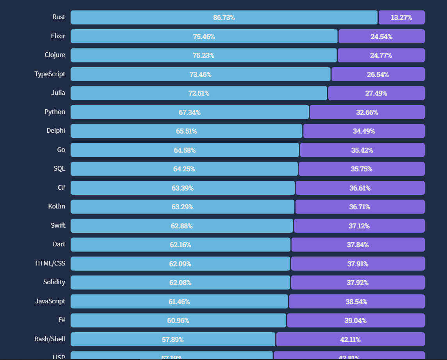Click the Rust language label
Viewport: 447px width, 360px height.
click(59, 17)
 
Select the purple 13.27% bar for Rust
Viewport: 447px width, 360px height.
click(401, 18)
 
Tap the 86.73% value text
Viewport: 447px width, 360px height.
click(224, 18)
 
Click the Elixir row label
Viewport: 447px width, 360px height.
click(58, 36)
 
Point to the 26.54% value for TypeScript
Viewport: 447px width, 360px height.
click(378, 74)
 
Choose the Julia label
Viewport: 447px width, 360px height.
click(58, 93)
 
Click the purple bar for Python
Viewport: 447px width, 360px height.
click(367, 112)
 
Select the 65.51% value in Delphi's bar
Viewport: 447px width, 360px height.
click(186, 131)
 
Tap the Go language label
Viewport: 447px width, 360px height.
click(61, 150)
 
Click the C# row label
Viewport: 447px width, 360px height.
click(61, 187)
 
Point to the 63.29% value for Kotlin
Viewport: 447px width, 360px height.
click(182, 207)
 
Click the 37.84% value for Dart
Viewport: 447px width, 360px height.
click(358, 245)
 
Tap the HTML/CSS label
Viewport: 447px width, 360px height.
click(50, 263)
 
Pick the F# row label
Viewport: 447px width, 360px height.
click(61, 320)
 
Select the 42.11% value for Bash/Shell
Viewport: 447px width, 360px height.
click(350, 339)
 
